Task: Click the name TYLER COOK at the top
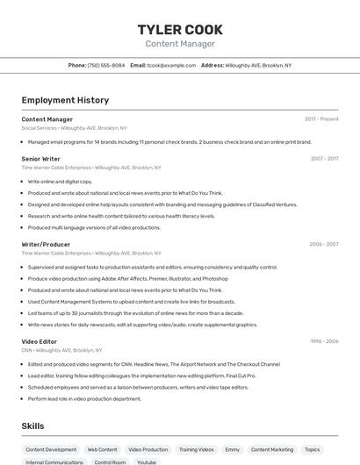pyautogui.click(x=180, y=29)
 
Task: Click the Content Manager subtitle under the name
pyautogui.click(x=180, y=44)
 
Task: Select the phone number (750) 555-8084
pyautogui.click(x=106, y=66)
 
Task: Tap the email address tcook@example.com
pyautogui.click(x=171, y=66)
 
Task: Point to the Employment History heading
pyautogui.click(x=65, y=101)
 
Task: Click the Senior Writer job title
pyautogui.click(x=41, y=159)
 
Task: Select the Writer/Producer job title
pyautogui.click(x=46, y=244)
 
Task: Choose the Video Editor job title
pyautogui.click(x=40, y=340)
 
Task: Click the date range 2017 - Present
pyautogui.click(x=321, y=119)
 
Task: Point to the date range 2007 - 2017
pyautogui.click(x=324, y=159)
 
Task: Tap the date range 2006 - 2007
pyautogui.click(x=324, y=244)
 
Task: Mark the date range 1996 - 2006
pyautogui.click(x=324, y=340)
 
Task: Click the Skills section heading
pyautogui.click(x=33, y=426)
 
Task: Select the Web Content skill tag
pyautogui.click(x=102, y=449)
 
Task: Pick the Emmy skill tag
pyautogui.click(x=233, y=449)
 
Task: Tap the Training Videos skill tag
pyautogui.click(x=197, y=449)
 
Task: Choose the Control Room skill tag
pyautogui.click(x=111, y=461)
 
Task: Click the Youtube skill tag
pyautogui.click(x=147, y=461)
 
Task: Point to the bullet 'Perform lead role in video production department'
pyautogui.click(x=84, y=398)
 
